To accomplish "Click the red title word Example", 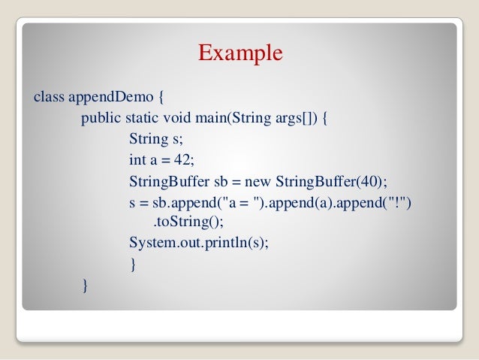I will click(x=240, y=53).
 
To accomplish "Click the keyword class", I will click(x=49, y=97).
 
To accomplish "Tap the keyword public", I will click(x=99, y=119).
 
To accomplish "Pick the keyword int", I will click(x=137, y=161).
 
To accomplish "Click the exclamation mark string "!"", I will click(x=398, y=203).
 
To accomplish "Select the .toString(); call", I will click(x=188, y=222).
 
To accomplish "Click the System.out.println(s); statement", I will click(x=199, y=244).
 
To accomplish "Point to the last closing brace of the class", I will click(x=86, y=286).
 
